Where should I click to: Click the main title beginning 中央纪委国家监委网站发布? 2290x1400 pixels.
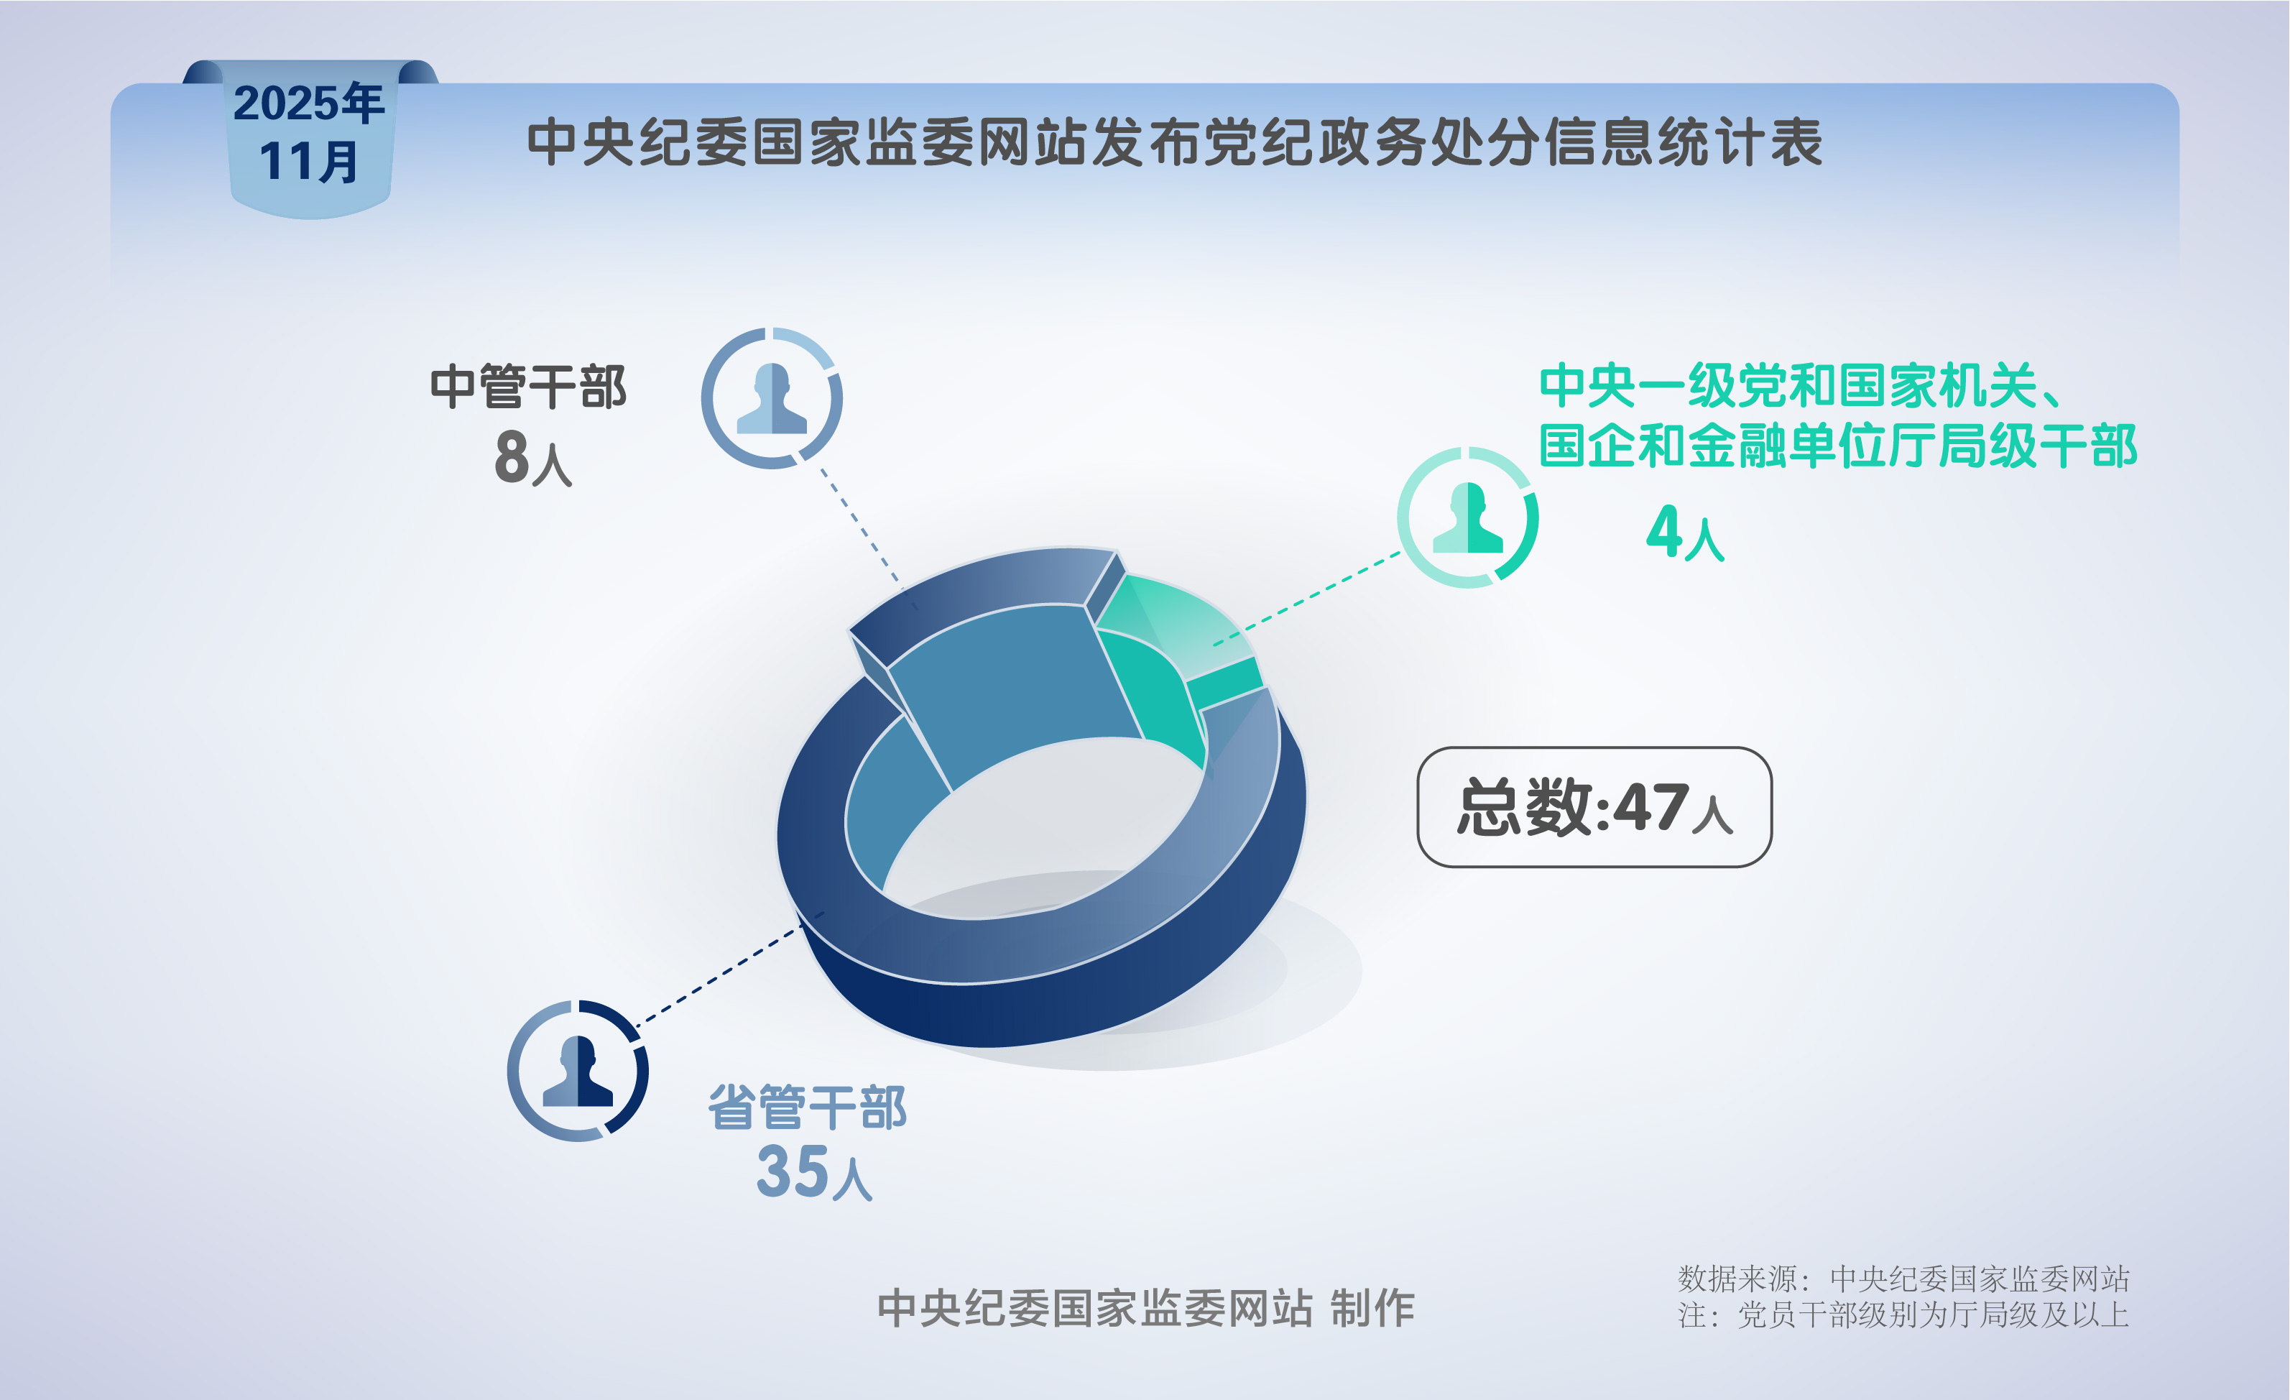[1174, 142]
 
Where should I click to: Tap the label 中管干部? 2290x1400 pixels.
[528, 387]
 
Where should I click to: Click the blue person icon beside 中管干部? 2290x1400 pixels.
[772, 398]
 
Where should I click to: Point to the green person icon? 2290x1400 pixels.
[1467, 517]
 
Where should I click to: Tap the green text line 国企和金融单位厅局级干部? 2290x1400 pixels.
[1837, 446]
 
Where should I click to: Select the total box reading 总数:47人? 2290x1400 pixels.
[1594, 807]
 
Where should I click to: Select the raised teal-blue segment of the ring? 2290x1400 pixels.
[1004, 688]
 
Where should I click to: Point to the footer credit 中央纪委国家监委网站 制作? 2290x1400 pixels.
[1146, 1308]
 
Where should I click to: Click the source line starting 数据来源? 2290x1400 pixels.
[1903, 1279]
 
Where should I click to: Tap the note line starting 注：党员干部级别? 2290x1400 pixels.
[1903, 1314]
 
